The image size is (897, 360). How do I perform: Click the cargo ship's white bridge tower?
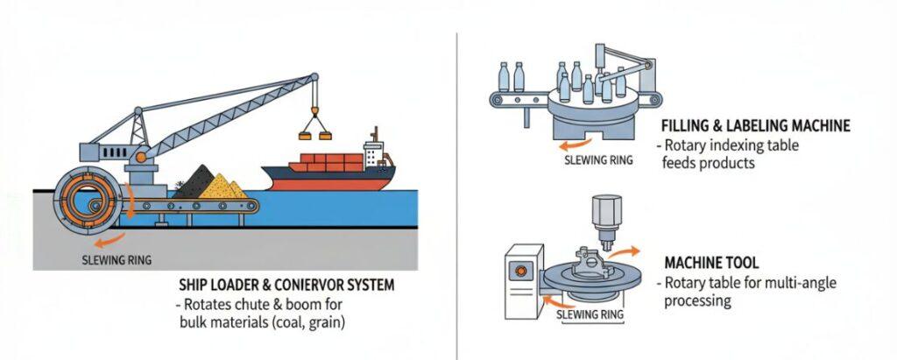374,154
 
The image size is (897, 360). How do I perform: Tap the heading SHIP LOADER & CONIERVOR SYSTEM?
286,286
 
